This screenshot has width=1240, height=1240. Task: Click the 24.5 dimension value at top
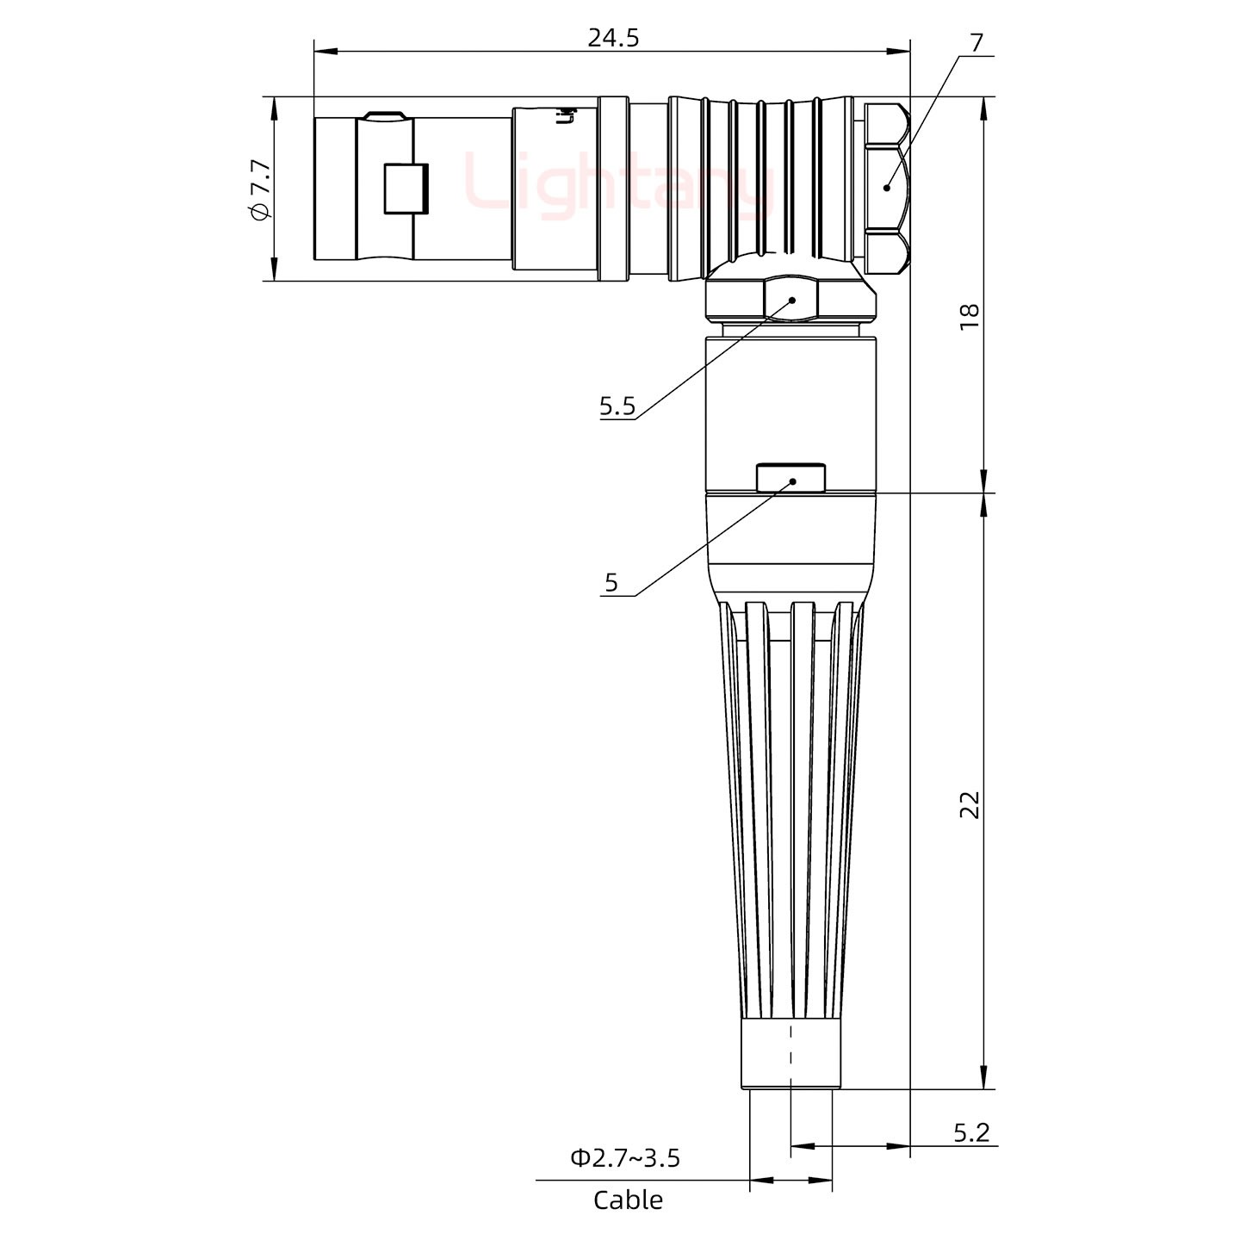tap(613, 38)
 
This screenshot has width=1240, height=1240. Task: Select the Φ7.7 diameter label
tap(260, 189)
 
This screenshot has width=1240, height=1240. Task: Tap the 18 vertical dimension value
tap(970, 314)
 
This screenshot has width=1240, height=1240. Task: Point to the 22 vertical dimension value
tap(970, 804)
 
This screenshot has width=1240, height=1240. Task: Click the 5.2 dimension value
tap(971, 1133)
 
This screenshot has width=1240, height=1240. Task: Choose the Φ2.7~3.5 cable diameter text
tap(624, 1158)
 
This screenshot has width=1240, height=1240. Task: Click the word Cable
tap(628, 1200)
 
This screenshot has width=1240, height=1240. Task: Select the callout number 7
tap(976, 42)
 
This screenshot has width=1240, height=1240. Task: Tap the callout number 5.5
tap(617, 406)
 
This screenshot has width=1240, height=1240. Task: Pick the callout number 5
tap(611, 583)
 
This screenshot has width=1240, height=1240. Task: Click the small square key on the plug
tap(406, 189)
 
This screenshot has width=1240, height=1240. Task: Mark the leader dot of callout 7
tap(886, 187)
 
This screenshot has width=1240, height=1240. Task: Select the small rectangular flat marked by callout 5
tap(790, 477)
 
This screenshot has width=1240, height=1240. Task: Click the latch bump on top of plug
tap(384, 115)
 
